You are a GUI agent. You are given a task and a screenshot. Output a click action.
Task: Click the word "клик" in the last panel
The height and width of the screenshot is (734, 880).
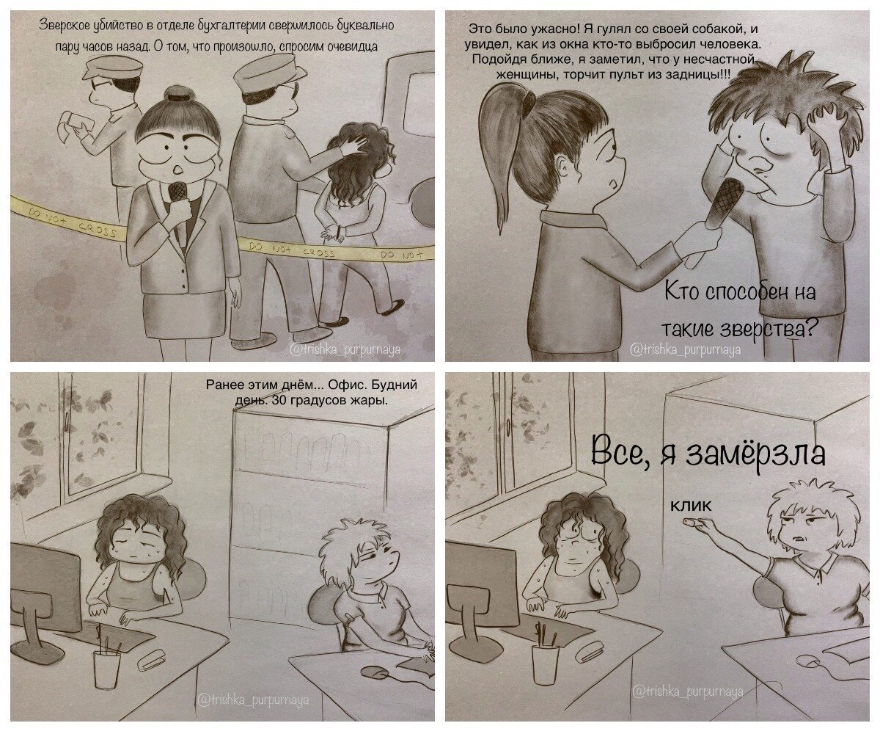coord(690,505)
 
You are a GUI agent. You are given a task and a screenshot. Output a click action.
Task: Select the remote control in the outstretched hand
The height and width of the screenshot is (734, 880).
coord(691,523)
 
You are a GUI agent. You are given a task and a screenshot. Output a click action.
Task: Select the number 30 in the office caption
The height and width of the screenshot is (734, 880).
coord(279,399)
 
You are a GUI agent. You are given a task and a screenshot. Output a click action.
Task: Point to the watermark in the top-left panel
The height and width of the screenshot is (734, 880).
coord(345,349)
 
